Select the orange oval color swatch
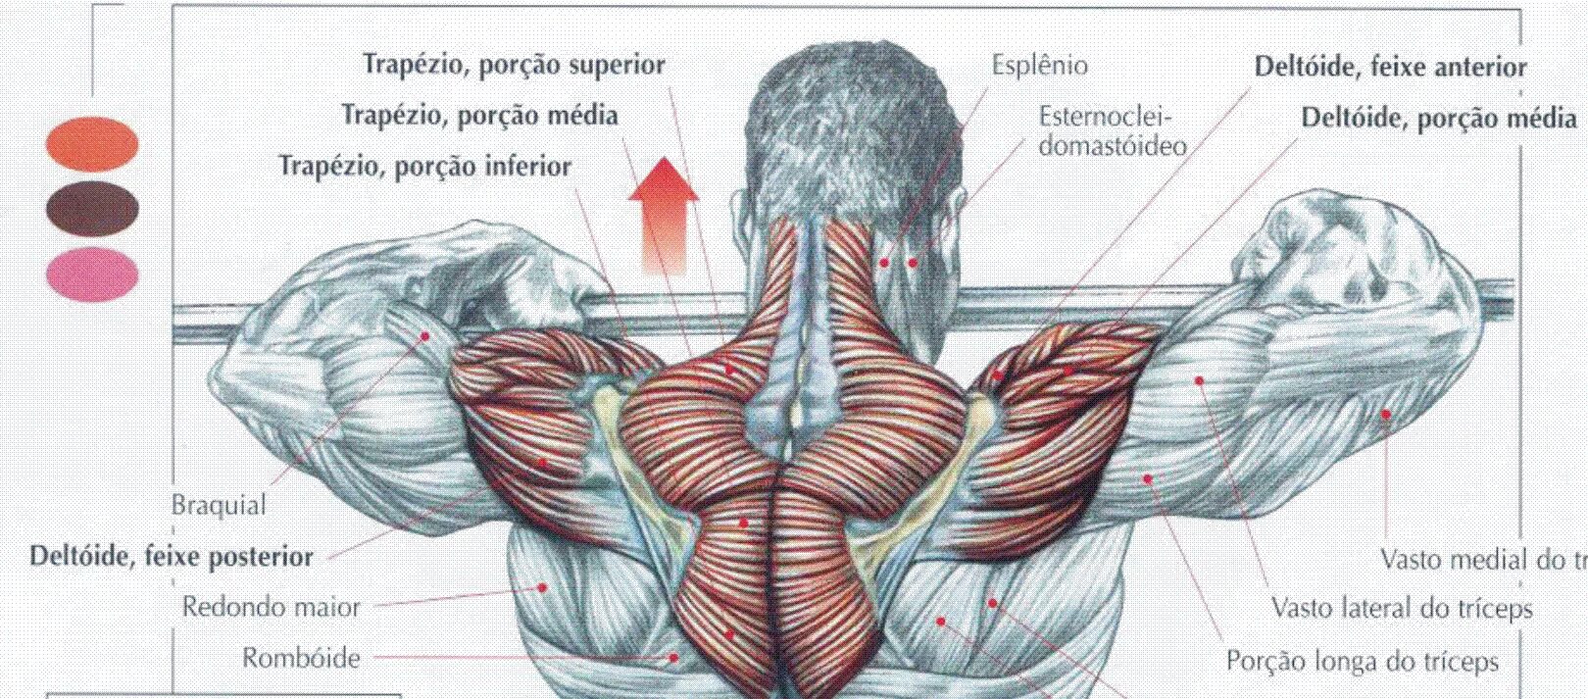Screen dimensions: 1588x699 click(92, 143)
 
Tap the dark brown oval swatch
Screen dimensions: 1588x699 click(92, 207)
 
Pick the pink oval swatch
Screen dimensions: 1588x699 click(92, 272)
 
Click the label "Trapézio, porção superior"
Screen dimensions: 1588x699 click(514, 65)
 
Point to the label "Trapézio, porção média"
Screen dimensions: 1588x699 click(479, 116)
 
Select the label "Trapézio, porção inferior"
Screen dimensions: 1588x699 click(424, 167)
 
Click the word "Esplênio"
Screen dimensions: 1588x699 click(1039, 66)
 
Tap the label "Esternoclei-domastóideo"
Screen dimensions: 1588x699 click(1111, 132)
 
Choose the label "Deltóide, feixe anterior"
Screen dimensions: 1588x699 click(1390, 67)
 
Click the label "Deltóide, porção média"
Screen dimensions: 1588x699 click(1438, 119)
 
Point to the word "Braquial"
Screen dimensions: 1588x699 click(219, 506)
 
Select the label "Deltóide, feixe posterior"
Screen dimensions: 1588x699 click(172, 557)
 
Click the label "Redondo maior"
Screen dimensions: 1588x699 click(272, 608)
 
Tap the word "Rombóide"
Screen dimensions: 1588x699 click(301, 658)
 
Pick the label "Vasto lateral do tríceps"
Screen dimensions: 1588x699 click(1402, 609)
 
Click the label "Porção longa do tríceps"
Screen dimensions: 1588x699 click(1362, 662)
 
